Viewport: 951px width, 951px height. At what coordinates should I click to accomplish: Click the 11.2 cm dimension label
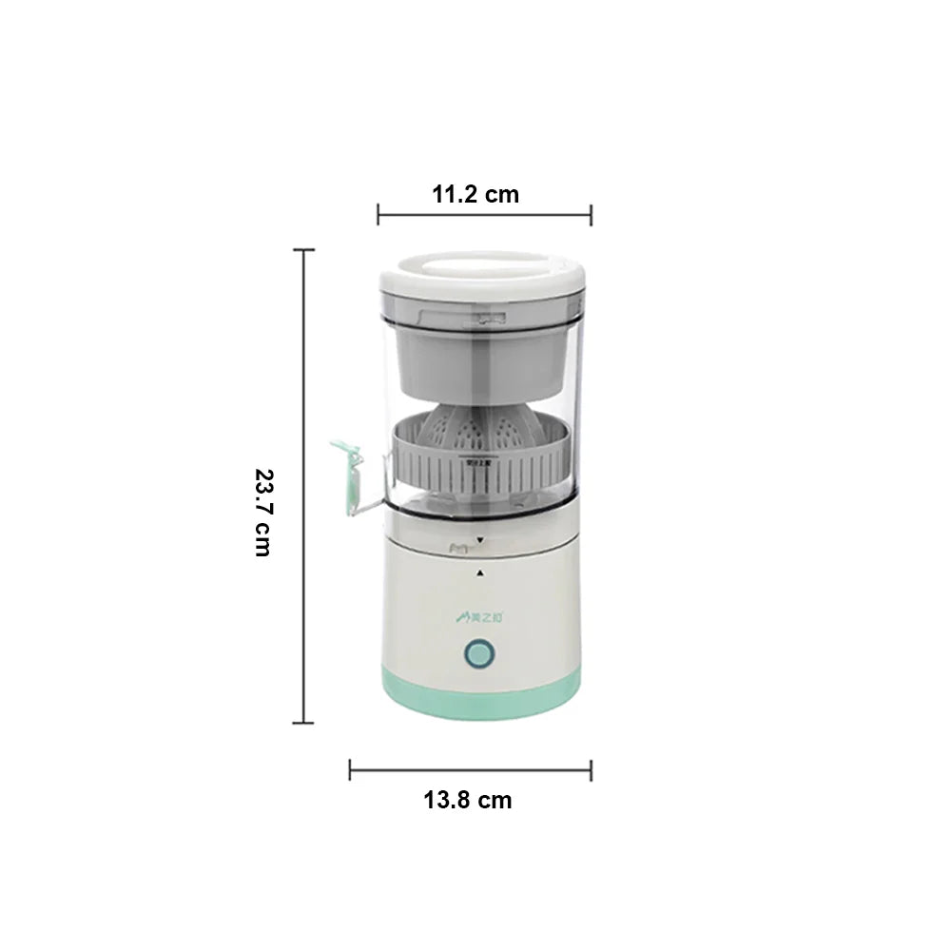[475, 195]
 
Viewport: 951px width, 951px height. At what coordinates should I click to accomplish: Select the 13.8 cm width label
[467, 800]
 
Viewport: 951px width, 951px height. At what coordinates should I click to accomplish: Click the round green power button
[478, 654]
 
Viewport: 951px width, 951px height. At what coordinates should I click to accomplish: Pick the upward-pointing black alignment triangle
[479, 573]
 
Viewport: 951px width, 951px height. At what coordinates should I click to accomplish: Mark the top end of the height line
[304, 250]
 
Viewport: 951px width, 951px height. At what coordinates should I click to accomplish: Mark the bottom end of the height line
[304, 723]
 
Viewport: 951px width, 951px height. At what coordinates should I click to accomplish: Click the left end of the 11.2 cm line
[378, 214]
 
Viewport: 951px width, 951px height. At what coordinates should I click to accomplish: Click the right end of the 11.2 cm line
[591, 214]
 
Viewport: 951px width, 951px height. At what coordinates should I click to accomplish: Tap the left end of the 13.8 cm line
[350, 769]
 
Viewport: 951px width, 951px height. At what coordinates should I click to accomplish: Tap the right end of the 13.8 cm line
[591, 769]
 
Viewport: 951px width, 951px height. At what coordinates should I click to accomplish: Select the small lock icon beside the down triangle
[457, 546]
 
